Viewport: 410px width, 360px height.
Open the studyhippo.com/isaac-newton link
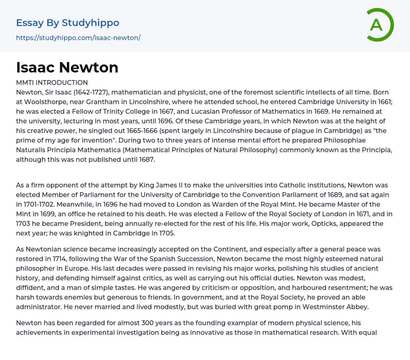[x=78, y=38]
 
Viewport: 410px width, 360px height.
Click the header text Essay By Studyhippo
[x=68, y=23]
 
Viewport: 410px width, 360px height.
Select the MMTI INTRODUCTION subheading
[x=52, y=83]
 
